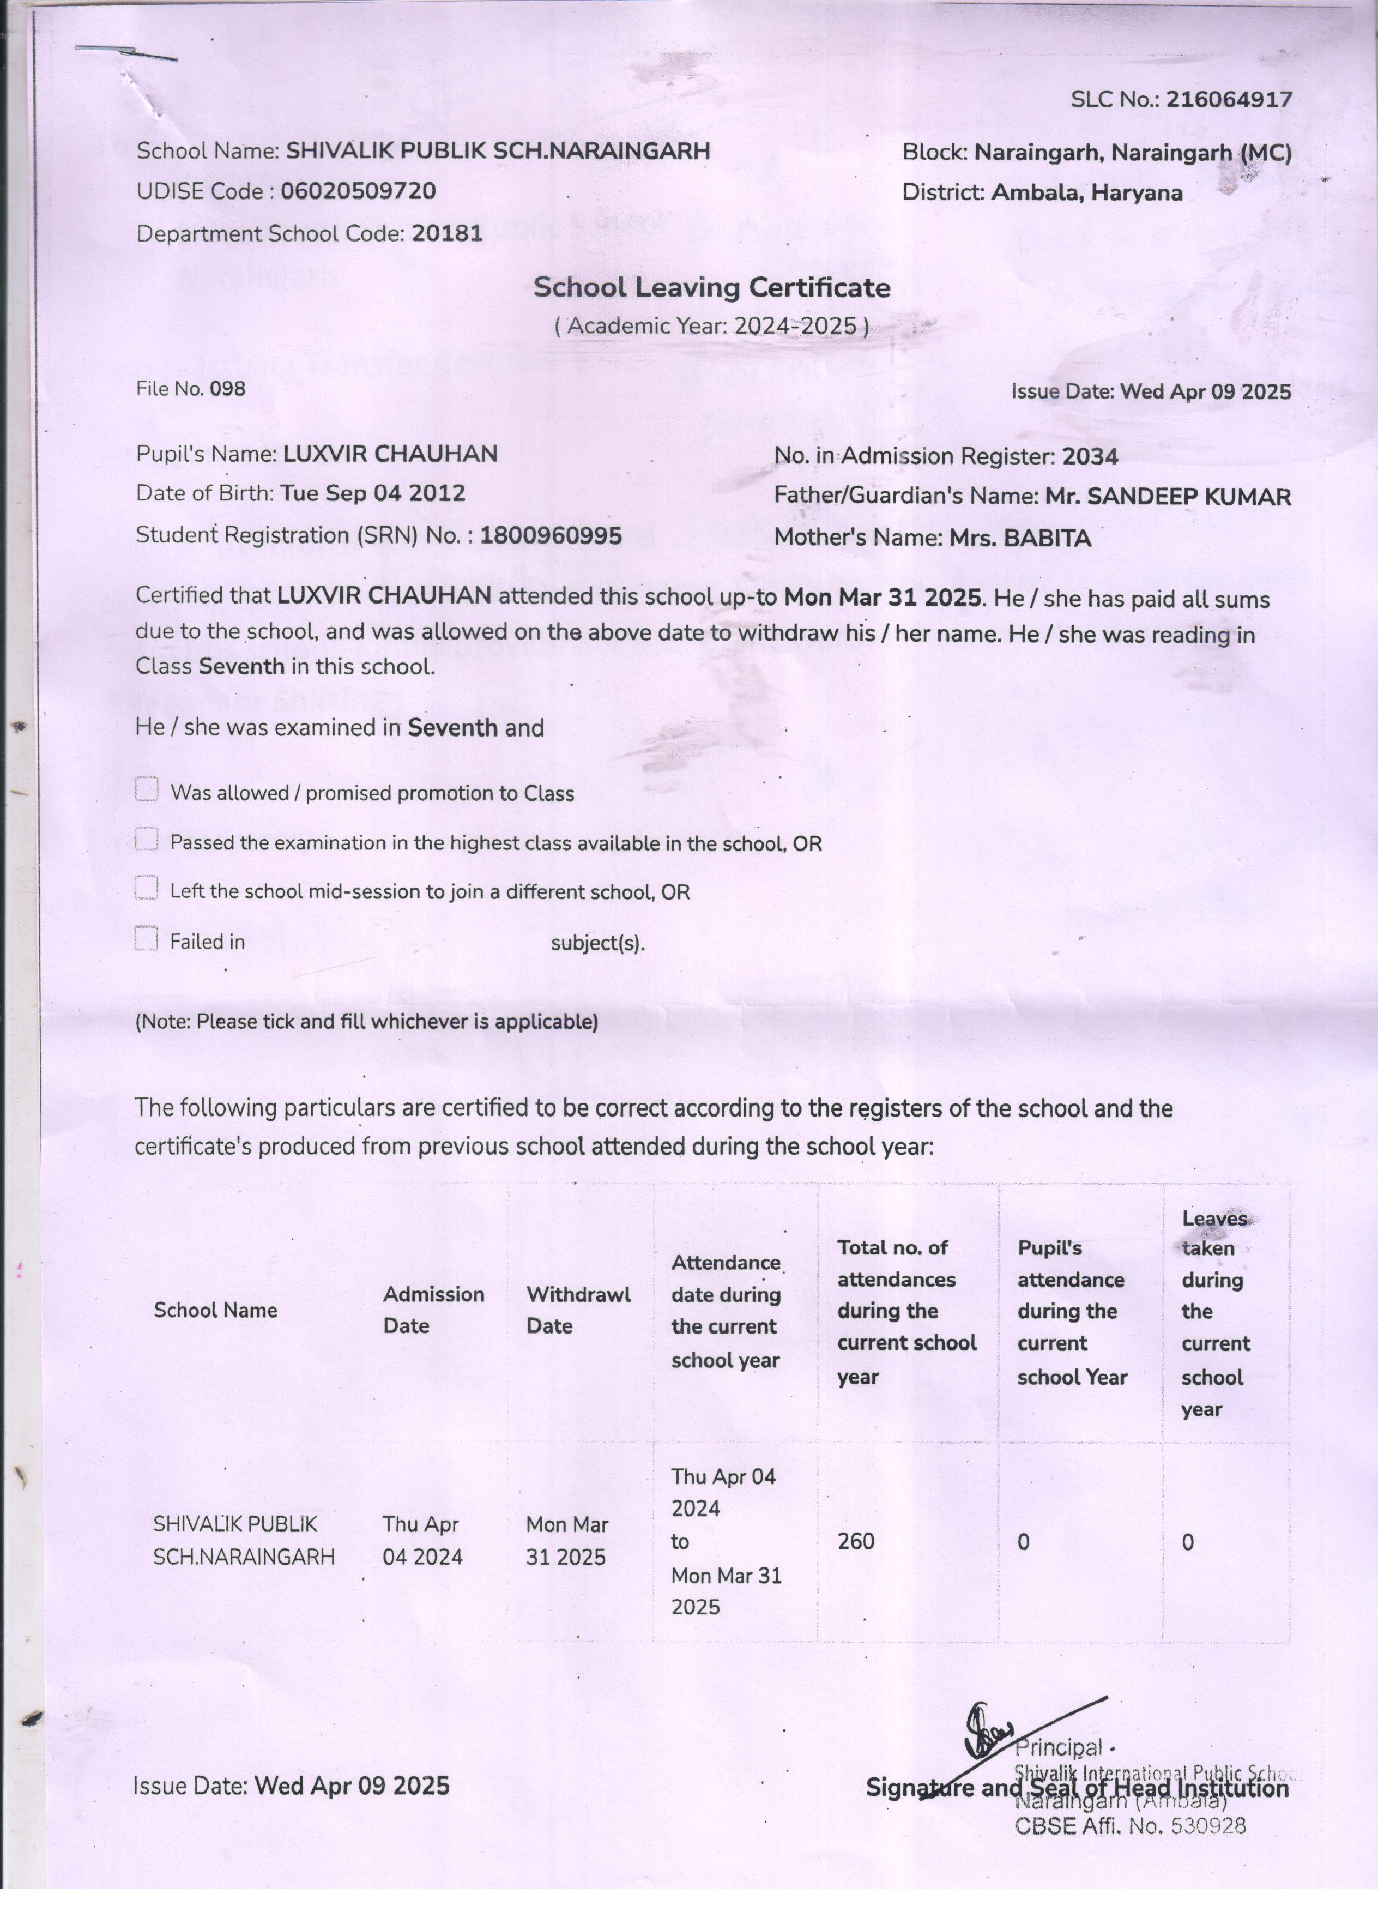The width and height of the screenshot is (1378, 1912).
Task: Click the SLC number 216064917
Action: pos(1228,99)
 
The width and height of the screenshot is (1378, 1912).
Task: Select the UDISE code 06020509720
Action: pos(358,191)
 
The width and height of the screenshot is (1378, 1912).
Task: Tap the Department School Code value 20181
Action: pos(446,233)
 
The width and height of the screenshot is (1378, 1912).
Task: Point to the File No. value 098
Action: pos(227,389)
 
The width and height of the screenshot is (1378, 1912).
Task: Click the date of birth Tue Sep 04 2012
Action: pos(372,493)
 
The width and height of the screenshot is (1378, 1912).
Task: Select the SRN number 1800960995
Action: pos(551,535)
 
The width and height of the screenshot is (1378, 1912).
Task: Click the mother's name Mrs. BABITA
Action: pos(1020,538)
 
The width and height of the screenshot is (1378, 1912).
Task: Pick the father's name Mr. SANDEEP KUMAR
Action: pos(1167,497)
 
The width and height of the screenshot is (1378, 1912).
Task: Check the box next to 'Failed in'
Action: pos(147,938)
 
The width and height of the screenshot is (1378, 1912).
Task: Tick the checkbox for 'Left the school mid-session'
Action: pos(147,889)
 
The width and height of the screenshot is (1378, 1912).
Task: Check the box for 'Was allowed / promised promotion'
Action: pos(147,789)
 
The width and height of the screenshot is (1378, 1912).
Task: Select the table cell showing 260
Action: pos(856,1541)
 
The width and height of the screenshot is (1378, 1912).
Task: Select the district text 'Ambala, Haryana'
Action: pos(1086,193)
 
